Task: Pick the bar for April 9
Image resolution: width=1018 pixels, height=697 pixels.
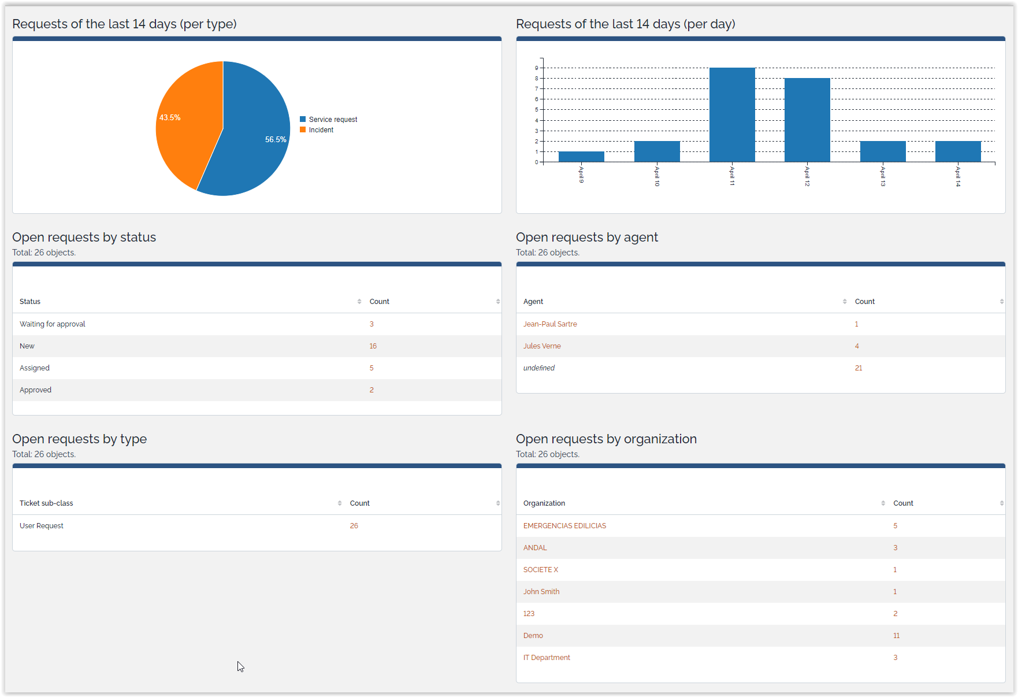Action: [x=581, y=157]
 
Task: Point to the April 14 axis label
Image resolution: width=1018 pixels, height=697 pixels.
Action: [x=958, y=176]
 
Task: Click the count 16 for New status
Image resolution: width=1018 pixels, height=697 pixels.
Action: [x=373, y=346]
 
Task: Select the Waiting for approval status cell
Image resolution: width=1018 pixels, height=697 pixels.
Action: [x=53, y=324]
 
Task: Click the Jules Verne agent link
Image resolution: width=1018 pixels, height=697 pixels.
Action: [x=542, y=346]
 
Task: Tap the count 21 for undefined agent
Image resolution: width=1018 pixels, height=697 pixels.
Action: [x=859, y=368]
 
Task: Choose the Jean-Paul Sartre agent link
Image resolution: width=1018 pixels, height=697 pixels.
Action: [x=550, y=324]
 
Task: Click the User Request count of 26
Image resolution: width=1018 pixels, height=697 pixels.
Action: [x=354, y=526]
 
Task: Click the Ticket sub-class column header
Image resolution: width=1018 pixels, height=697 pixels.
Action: [x=46, y=503]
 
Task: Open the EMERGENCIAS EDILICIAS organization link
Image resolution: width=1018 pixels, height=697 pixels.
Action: [x=564, y=526]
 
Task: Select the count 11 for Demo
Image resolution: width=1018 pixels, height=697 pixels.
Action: [x=896, y=636]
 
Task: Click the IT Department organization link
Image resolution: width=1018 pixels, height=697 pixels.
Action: [x=547, y=658]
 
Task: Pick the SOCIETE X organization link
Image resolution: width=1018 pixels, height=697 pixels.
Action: [x=541, y=570]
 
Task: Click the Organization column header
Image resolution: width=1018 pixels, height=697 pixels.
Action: [x=544, y=503]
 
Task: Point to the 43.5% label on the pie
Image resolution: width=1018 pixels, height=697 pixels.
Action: [x=170, y=117]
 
